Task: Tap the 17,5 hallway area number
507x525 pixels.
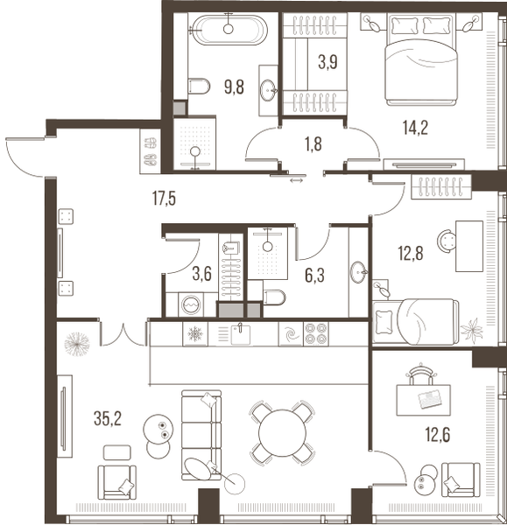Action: (163, 198)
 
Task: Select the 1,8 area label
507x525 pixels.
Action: (313, 143)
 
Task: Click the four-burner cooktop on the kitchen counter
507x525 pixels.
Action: (315, 333)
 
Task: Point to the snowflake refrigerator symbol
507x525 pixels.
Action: (194, 333)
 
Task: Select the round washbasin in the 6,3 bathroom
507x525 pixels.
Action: (358, 272)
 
